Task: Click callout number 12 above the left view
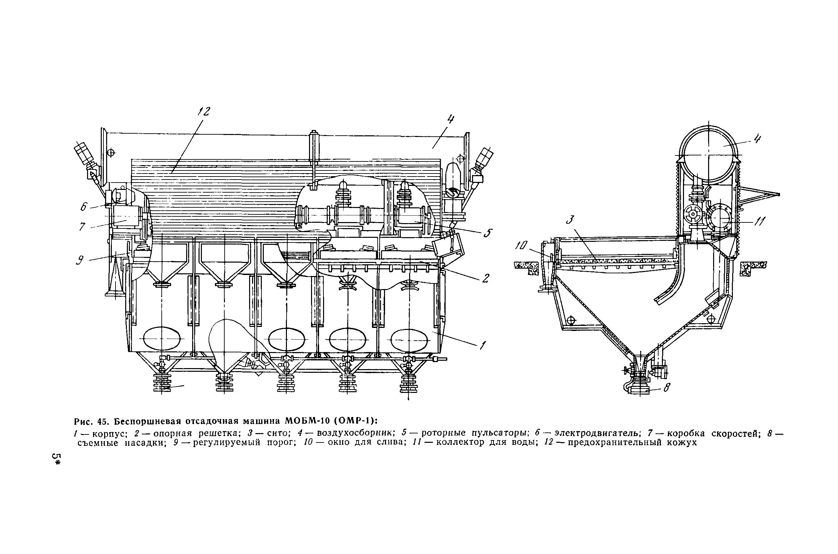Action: pos(204,112)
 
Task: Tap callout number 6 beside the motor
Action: pos(83,207)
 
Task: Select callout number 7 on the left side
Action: pos(82,226)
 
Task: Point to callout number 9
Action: pos(80,261)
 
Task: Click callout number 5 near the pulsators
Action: pos(488,233)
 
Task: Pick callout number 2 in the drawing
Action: pos(485,278)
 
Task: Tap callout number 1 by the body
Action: pos(482,345)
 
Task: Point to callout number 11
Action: pos(759,221)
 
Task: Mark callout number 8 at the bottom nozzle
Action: pos(666,388)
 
